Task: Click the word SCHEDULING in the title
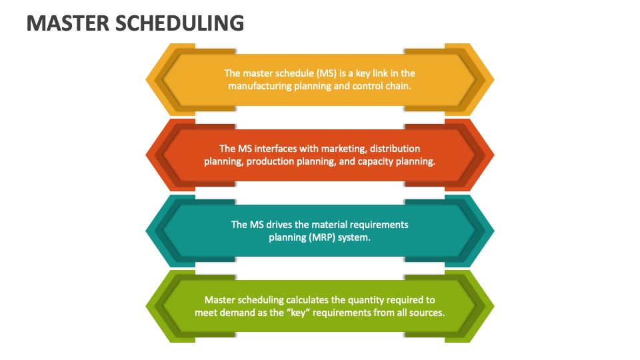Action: (180, 23)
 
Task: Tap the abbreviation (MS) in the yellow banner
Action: (318, 73)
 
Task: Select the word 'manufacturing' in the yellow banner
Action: (260, 86)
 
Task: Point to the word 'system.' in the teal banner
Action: (355, 237)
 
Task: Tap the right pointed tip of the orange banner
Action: (493, 155)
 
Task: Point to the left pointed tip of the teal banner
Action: (147, 231)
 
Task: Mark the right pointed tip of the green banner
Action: (493, 306)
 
